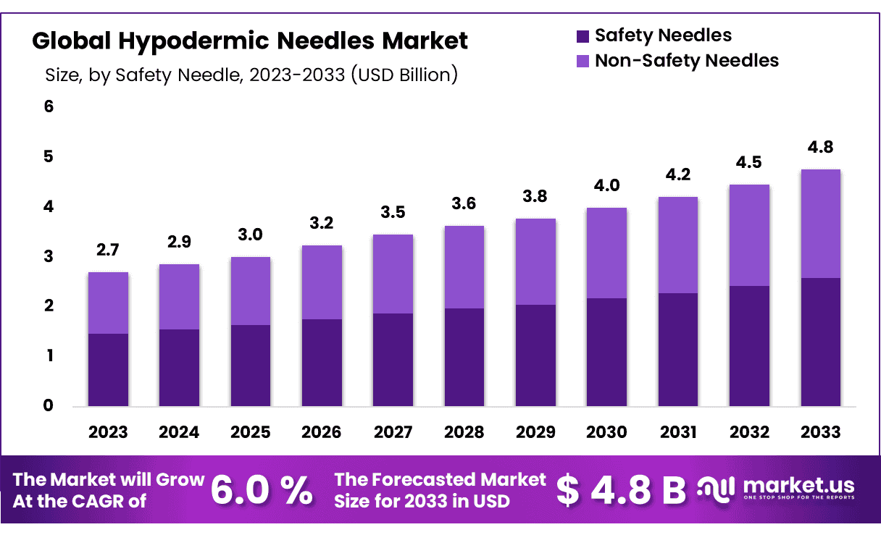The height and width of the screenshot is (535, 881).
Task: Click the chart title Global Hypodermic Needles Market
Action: coord(250,41)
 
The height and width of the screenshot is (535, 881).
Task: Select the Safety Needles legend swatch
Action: coord(583,35)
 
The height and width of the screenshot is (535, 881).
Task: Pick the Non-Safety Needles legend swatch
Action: coord(583,61)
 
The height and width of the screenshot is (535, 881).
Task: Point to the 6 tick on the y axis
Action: coord(49,106)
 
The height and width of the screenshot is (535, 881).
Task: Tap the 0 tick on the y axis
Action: coord(49,405)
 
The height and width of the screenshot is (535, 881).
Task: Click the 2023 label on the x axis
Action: coord(108,432)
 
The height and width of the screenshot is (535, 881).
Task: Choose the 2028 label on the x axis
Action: coord(464,432)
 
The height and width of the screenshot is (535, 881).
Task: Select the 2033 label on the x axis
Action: coord(820,432)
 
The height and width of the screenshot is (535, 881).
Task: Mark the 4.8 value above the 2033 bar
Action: coord(820,148)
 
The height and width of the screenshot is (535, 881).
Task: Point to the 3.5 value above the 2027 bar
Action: coord(393,213)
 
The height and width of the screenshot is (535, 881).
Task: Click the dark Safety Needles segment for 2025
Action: coord(251,366)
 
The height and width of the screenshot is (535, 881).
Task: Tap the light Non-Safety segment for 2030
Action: coord(606,253)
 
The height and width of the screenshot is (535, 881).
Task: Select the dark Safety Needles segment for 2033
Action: coord(820,342)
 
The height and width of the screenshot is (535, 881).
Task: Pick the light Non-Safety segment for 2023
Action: coord(108,303)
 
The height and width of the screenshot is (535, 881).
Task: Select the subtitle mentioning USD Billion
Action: coord(251,75)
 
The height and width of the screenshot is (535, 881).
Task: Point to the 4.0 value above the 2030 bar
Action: coord(606,186)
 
